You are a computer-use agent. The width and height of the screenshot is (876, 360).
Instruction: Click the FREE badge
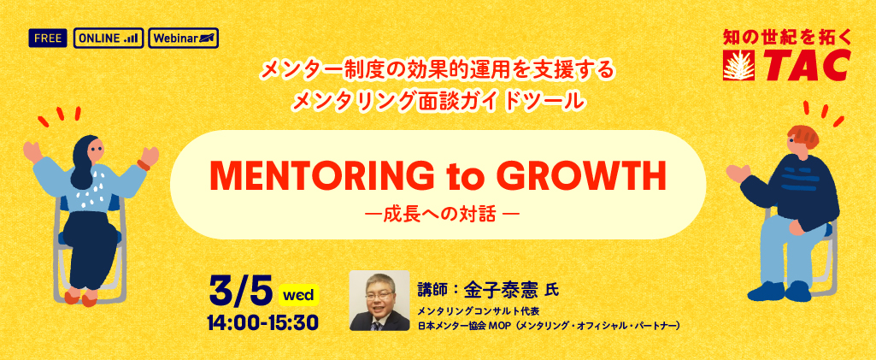coord(48,38)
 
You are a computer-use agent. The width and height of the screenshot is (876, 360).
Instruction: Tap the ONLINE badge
coord(109,38)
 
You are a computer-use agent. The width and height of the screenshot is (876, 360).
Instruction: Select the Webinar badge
coord(184,38)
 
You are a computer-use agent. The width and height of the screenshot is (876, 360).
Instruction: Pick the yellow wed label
coord(298,294)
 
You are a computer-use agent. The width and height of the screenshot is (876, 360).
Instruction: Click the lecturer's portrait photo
coord(379,301)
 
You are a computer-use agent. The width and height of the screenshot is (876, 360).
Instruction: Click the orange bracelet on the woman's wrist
coord(143,165)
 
